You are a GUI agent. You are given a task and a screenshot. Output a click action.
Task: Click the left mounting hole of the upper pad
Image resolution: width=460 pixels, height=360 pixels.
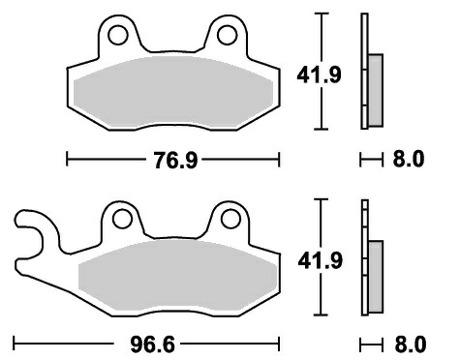point(118,35)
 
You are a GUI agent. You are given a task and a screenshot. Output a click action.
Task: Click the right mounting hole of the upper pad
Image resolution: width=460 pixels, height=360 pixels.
point(228,35)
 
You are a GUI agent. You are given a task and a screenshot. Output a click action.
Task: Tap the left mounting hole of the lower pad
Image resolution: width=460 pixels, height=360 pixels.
point(122,219)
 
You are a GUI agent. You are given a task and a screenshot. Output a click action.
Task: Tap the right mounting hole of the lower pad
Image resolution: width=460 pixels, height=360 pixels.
point(230,219)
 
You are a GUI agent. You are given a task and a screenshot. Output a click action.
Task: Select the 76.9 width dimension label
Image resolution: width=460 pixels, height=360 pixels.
point(175,161)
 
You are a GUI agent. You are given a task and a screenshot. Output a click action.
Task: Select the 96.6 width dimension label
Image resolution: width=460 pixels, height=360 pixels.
point(152,345)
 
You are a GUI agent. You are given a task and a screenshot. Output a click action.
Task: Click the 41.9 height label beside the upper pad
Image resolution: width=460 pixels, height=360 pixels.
point(319,75)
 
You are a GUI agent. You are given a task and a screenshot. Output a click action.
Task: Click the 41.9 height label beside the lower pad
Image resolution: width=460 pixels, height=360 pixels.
point(320,260)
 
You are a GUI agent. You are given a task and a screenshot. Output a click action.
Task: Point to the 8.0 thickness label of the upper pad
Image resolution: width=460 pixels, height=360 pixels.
point(408,159)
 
